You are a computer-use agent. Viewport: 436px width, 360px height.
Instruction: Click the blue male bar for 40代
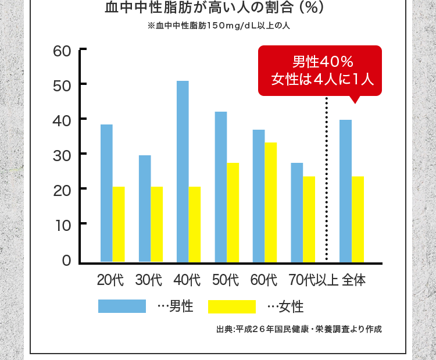click(x=183, y=171)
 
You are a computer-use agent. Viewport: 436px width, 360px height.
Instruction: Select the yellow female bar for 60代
click(x=271, y=202)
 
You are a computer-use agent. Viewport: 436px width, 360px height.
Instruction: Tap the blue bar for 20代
click(x=106, y=193)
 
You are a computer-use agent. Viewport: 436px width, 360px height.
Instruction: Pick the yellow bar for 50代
click(x=233, y=212)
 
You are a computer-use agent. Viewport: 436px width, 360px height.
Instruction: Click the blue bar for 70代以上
click(x=297, y=212)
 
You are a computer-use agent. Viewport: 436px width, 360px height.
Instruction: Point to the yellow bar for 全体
click(x=358, y=219)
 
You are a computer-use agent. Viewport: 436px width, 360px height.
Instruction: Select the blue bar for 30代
click(x=145, y=208)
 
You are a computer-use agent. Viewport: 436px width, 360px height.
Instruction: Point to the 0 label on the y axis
click(x=67, y=261)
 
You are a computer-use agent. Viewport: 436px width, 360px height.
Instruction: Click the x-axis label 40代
click(x=187, y=280)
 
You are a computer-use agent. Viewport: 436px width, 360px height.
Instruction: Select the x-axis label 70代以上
click(x=313, y=280)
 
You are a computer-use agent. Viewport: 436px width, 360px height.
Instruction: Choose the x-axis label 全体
click(x=354, y=280)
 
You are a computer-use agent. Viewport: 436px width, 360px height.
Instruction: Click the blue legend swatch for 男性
click(x=122, y=306)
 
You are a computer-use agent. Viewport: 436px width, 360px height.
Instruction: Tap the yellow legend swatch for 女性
click(x=231, y=306)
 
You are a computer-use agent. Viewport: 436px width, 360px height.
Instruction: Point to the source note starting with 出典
click(x=299, y=329)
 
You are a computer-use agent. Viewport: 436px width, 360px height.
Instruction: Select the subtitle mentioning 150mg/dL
click(x=219, y=26)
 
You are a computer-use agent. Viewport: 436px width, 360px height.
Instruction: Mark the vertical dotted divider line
click(x=327, y=180)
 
